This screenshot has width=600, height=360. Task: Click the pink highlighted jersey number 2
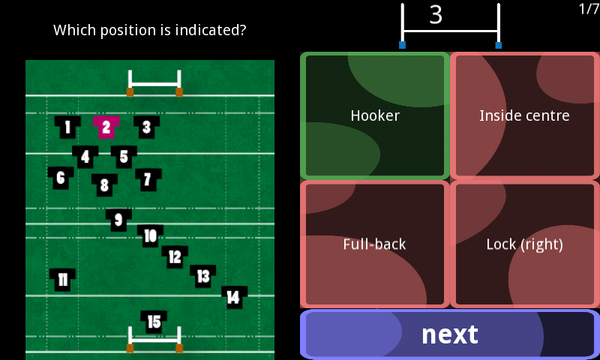coord(106,127)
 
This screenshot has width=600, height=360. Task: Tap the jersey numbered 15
coord(154,322)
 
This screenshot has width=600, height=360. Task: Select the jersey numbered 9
coord(118,220)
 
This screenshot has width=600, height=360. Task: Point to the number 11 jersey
coord(62,280)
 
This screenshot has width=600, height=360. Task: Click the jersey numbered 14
coord(235,297)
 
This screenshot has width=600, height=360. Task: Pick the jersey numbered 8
coord(104,185)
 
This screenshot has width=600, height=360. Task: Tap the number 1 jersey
coord(67,127)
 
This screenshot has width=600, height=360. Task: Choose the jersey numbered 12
coord(175,256)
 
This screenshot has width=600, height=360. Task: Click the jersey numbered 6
coord(61,178)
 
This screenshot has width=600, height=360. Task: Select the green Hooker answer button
coord(375,116)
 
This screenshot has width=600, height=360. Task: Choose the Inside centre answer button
coord(524,116)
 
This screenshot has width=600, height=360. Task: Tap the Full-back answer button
coord(375,244)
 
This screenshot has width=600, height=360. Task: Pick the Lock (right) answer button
coord(524,244)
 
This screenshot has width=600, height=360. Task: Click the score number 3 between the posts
coord(436,15)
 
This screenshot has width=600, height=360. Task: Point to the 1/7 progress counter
coord(589,9)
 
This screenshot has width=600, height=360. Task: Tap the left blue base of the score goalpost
coord(402,45)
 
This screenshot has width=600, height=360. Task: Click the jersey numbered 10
coord(151,236)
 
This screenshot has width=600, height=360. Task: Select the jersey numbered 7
coord(148,180)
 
